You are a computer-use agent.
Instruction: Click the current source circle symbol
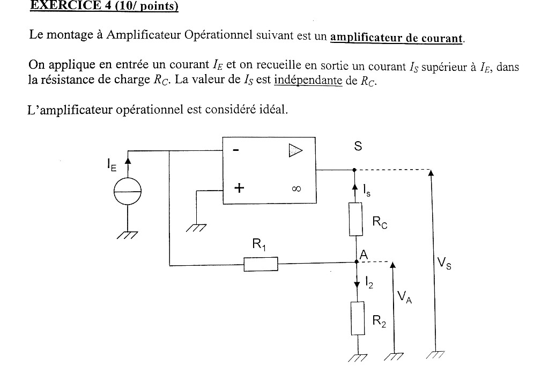coord(128,191)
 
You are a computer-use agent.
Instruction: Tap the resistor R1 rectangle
coord(261,264)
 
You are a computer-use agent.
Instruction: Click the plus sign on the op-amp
coord(238,188)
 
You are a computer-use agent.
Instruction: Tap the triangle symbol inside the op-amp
coord(295,150)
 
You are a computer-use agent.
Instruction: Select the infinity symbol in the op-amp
coord(296,189)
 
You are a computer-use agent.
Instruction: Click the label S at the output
coord(357,146)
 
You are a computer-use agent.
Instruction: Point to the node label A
coord(364,256)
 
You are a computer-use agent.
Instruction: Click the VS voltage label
coord(443,263)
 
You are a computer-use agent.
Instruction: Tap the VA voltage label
coord(404,297)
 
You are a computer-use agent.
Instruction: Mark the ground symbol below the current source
coord(128,234)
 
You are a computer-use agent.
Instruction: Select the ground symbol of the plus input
coord(197,228)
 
